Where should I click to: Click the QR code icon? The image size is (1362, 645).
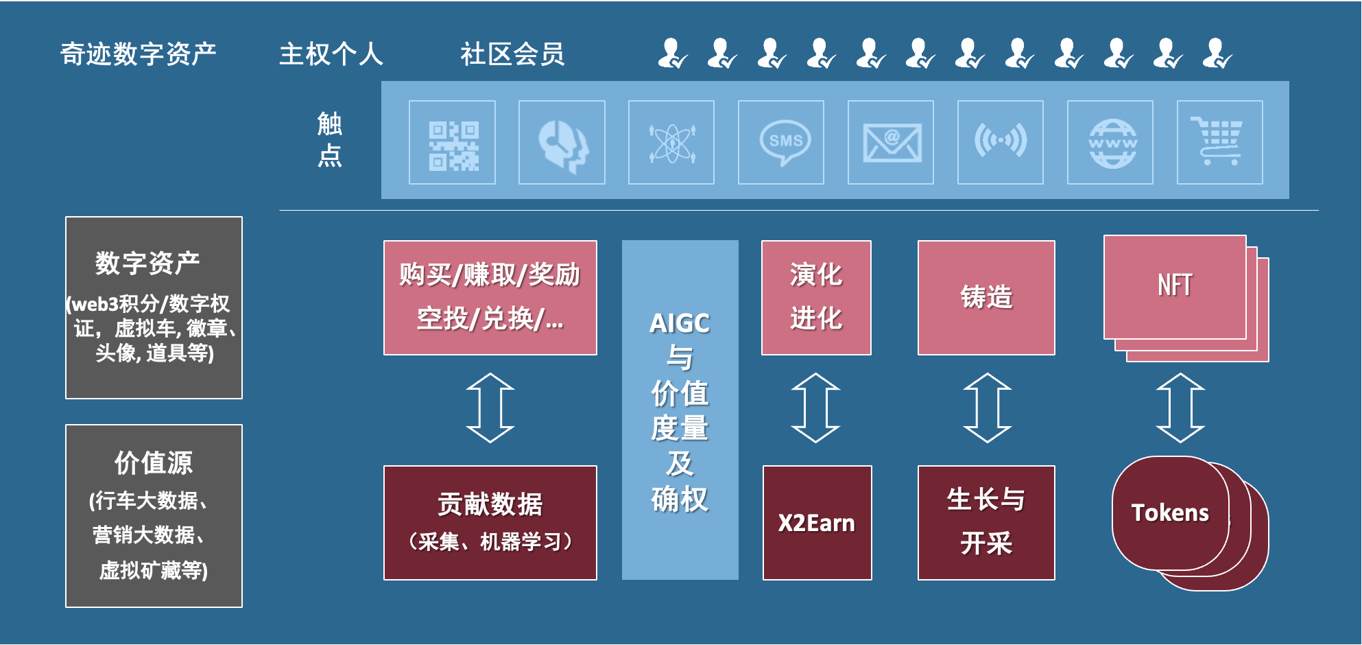coord(453,143)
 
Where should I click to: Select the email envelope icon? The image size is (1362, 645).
coord(892,143)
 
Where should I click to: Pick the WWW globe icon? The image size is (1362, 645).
coord(1112,143)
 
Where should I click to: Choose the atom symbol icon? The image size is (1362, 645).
coord(672,143)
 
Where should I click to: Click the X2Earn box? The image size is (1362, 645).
coord(817,523)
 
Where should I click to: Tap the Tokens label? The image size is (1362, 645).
coord(1170,513)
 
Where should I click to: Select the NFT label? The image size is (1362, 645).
coord(1174,285)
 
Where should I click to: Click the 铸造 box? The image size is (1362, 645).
coord(986,297)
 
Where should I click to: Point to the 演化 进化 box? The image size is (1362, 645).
coord(816,297)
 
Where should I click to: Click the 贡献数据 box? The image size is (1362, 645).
coord(490,522)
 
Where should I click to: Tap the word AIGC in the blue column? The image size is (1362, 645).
coord(680,323)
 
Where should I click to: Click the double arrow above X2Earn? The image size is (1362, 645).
coord(815,408)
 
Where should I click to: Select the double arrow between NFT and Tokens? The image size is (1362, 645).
coord(1180,408)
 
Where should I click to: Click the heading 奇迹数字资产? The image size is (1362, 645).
coord(139,54)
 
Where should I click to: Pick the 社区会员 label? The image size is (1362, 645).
coord(512,54)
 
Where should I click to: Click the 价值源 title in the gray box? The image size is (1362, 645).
coord(154,463)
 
